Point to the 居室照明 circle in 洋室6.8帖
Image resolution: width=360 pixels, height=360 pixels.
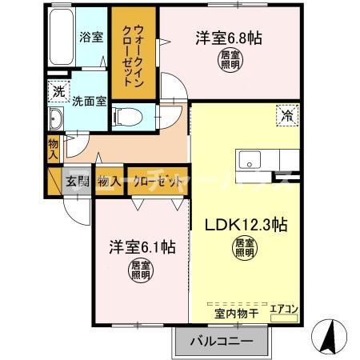pyautogui.click(x=230, y=60)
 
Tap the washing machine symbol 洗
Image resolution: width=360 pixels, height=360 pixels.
pyautogui.click(x=58, y=92)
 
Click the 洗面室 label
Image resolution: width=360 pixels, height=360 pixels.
pyautogui.click(x=87, y=102)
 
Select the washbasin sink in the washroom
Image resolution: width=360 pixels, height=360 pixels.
pyautogui.click(x=58, y=121)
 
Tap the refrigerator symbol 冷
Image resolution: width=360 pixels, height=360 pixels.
pyautogui.click(x=286, y=114)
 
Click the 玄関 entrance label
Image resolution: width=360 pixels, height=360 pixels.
pyautogui.click(x=77, y=181)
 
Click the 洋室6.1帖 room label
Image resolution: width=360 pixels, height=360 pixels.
pyautogui.click(x=142, y=248)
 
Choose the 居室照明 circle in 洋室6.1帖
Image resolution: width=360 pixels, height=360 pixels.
pyautogui.click(x=142, y=272)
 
